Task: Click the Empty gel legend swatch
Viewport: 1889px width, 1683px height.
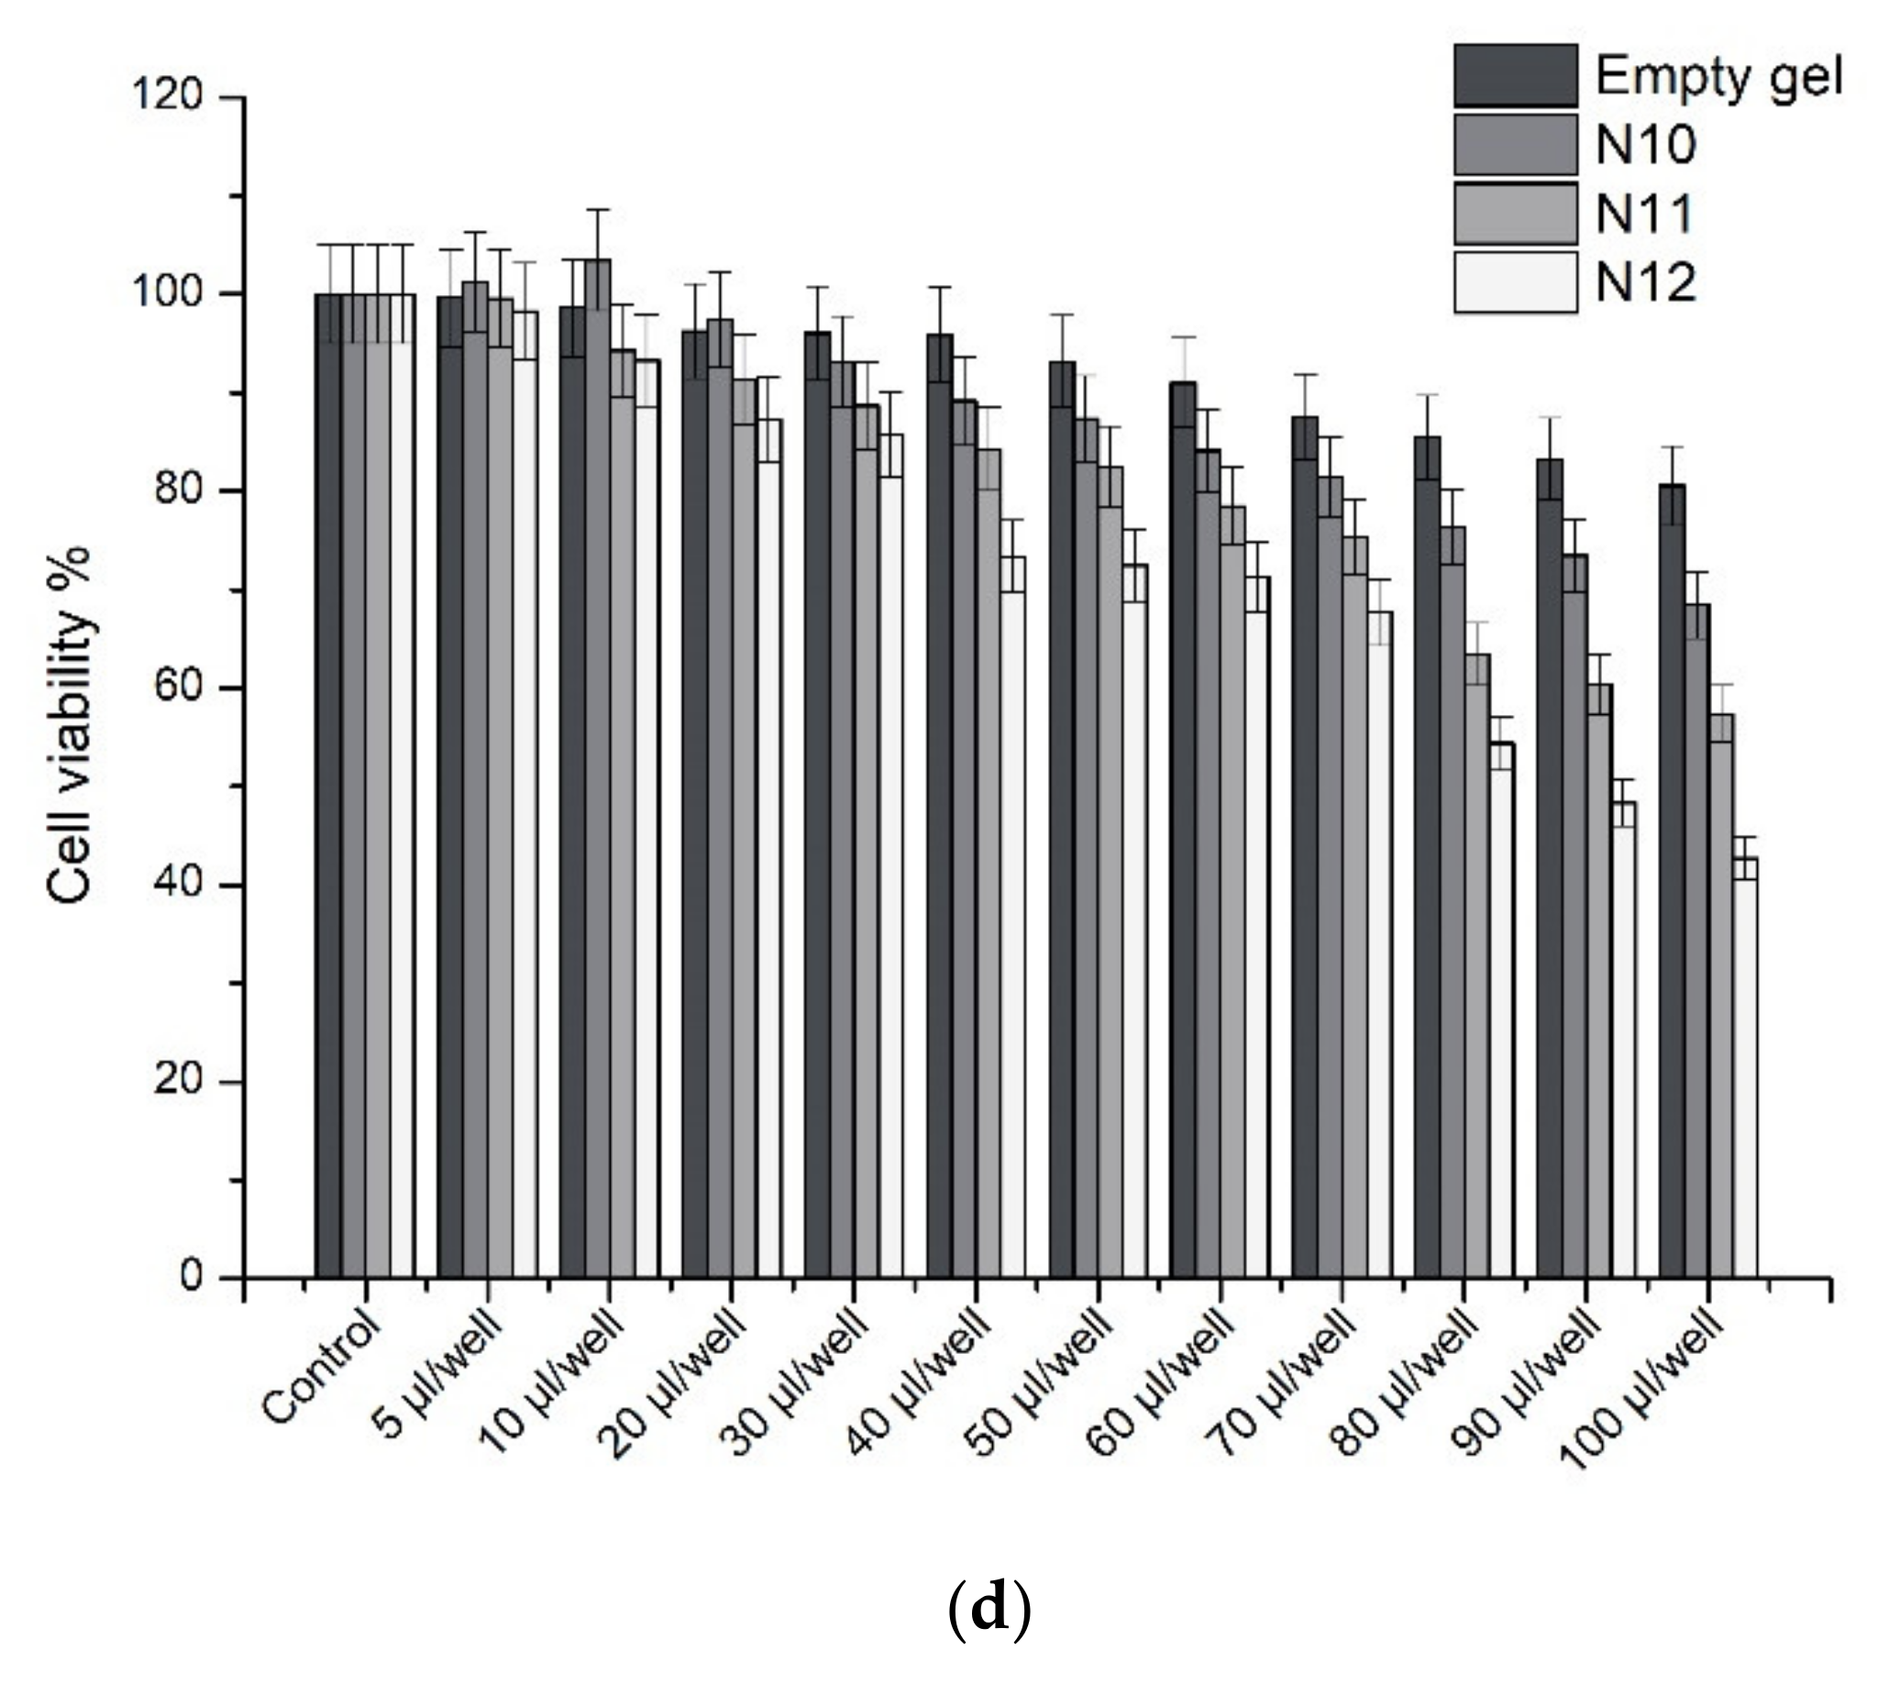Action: tap(1515, 76)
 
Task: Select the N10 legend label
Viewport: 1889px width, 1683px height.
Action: tap(1646, 145)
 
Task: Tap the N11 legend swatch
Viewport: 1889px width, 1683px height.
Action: tap(1515, 214)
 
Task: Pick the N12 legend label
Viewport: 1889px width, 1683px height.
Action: tap(1646, 283)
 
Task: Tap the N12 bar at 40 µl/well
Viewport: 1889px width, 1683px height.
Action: tap(1012, 917)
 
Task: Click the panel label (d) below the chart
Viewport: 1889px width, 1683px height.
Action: tap(989, 1610)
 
